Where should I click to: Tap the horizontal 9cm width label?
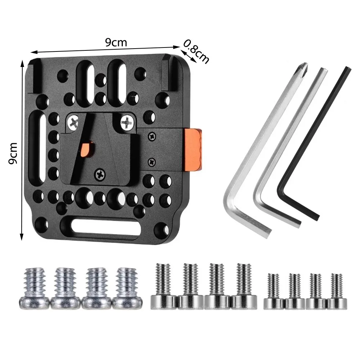[x=116, y=42]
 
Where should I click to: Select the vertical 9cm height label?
[x=13, y=153]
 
